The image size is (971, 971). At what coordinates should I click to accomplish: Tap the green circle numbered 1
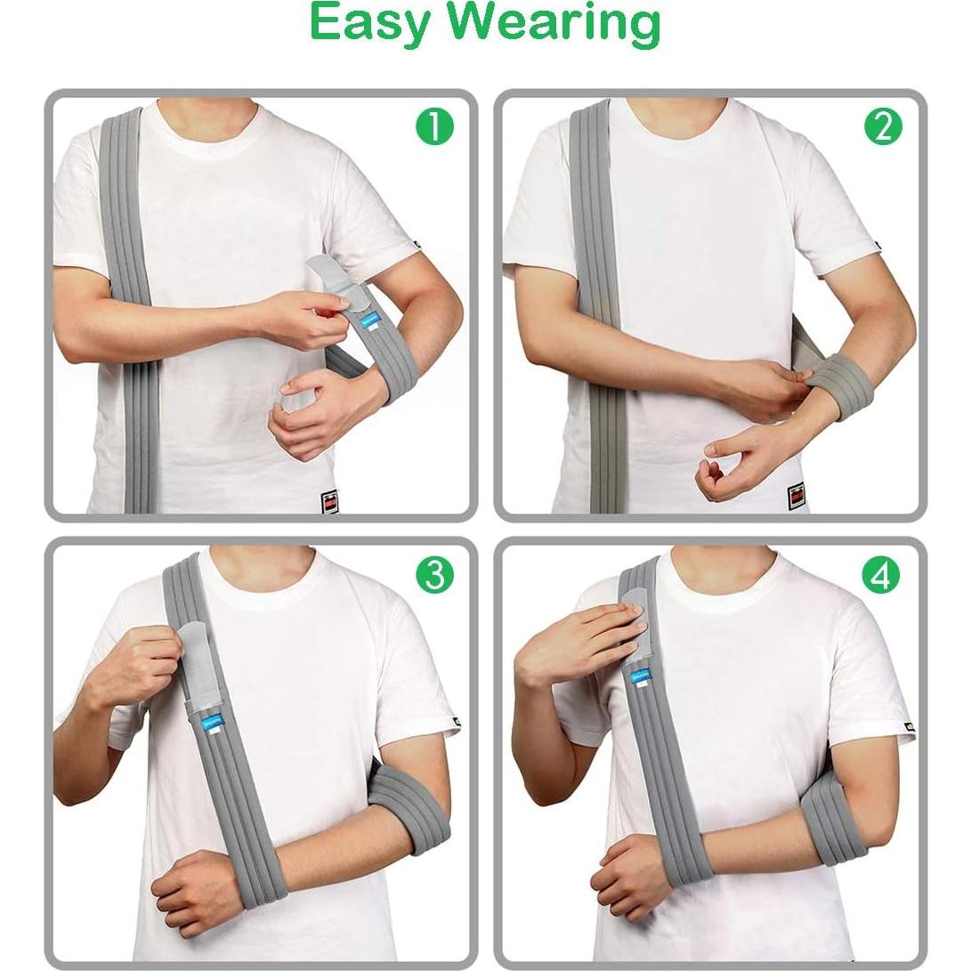[x=434, y=127]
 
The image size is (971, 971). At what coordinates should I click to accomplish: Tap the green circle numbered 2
[x=883, y=127]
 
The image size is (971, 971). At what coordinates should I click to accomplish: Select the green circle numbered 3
[x=434, y=576]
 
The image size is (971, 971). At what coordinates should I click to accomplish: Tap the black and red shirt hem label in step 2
[x=795, y=496]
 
